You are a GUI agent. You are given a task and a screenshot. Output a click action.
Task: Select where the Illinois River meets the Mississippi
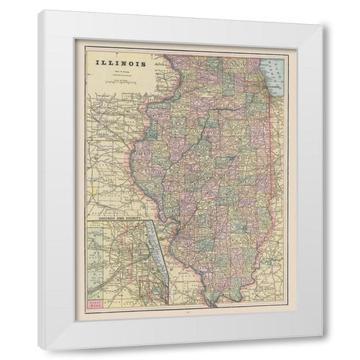coord(168,229)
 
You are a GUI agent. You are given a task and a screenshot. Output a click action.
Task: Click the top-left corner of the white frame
coord(40,10)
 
